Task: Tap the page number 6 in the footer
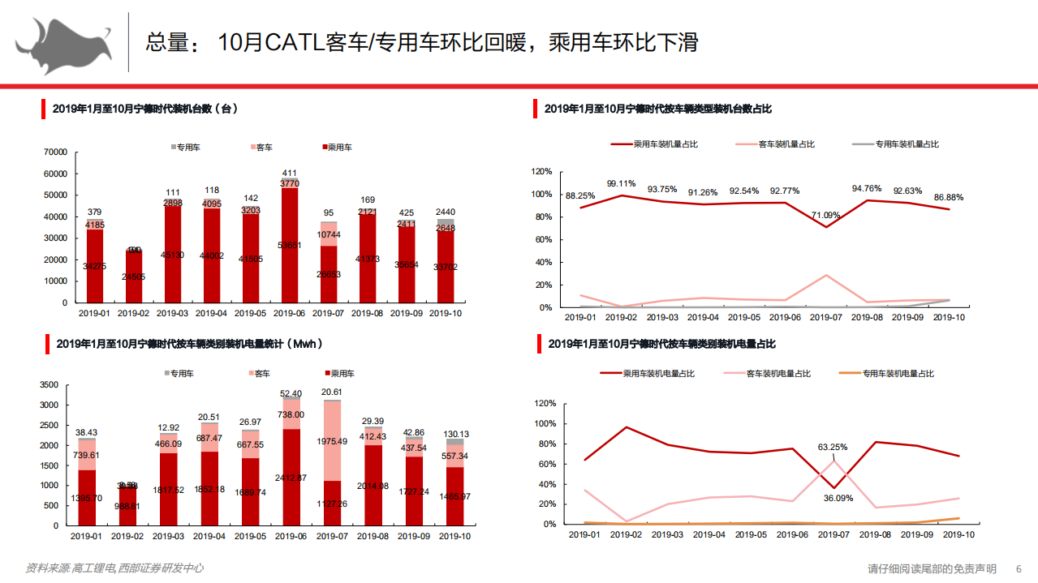[1019, 569]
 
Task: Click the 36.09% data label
[838, 498]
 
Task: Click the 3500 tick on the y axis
[49, 385]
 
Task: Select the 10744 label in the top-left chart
[329, 234]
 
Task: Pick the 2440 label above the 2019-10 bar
[446, 212]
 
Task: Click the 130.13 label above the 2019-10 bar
[454, 435]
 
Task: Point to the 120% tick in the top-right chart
[541, 172]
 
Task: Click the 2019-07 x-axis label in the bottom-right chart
[833, 535]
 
